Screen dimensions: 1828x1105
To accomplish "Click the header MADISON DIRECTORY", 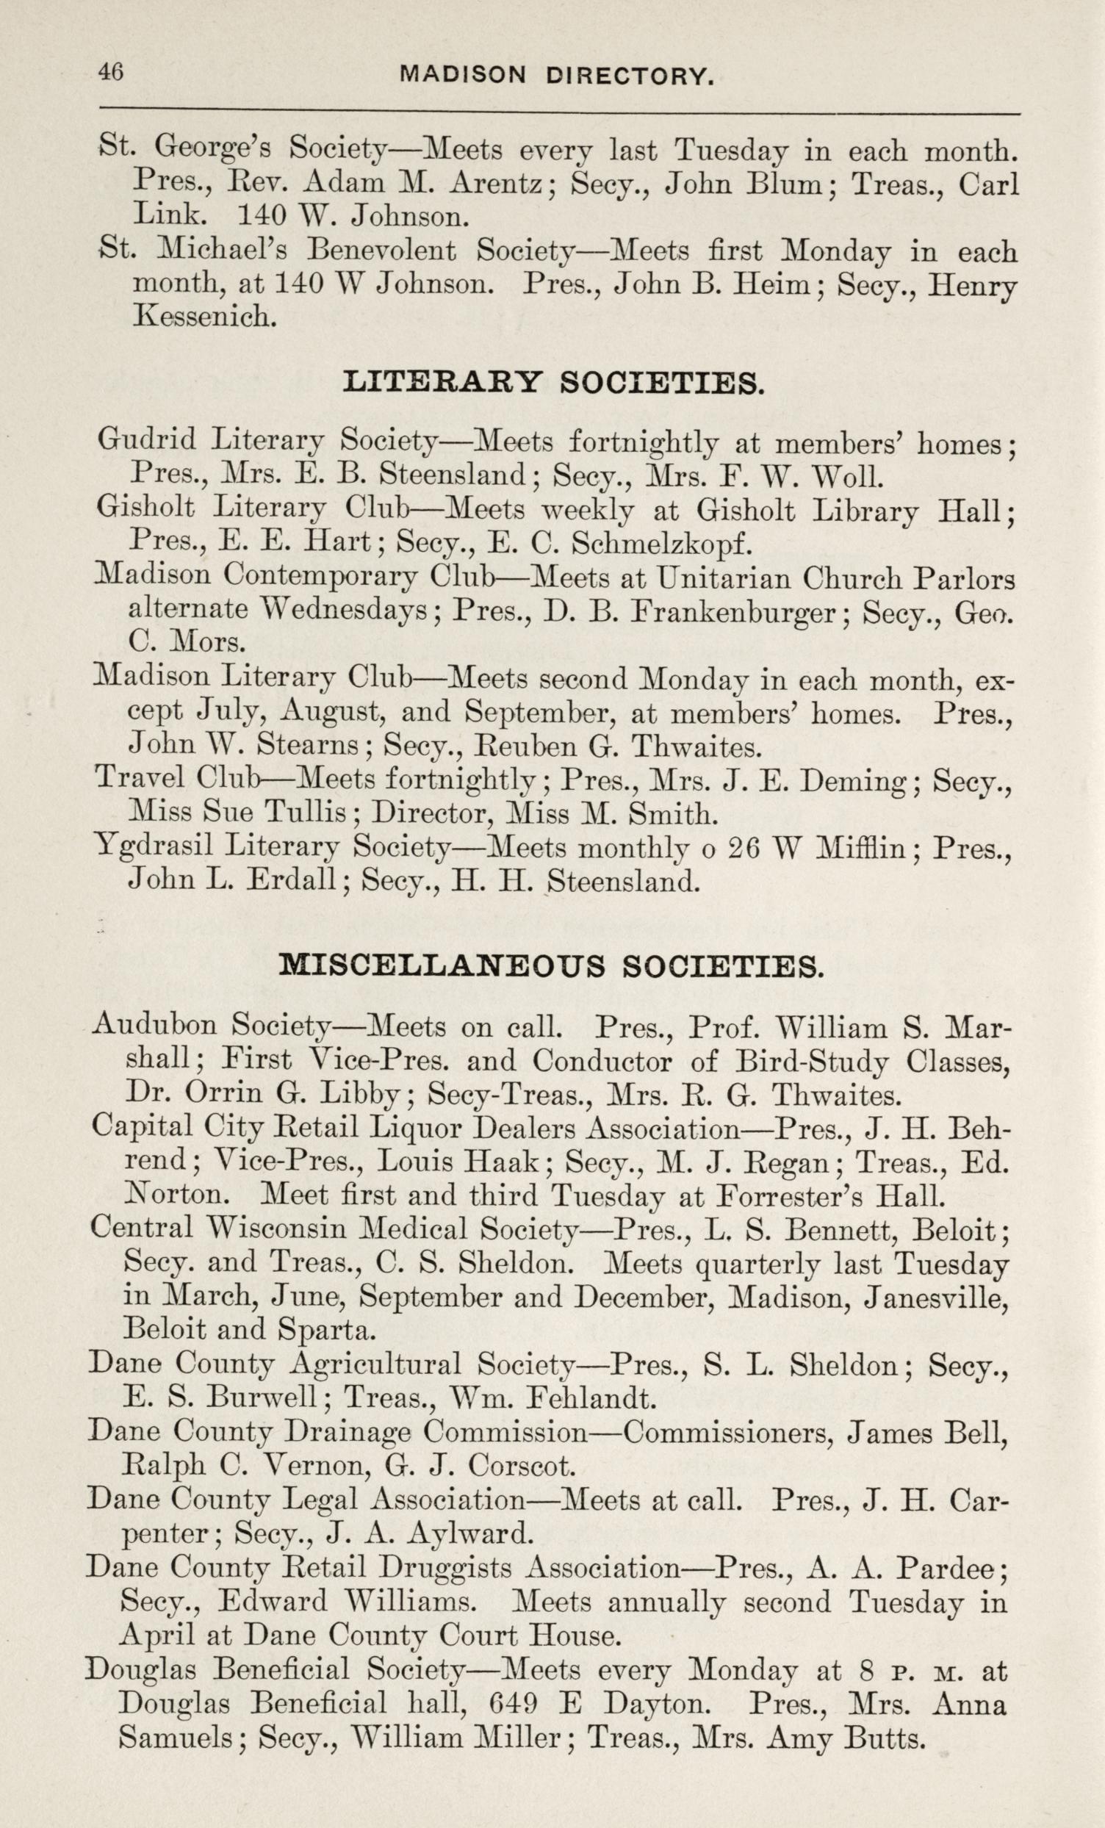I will [557, 75].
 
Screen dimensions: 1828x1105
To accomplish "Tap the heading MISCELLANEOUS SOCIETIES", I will [550, 967].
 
